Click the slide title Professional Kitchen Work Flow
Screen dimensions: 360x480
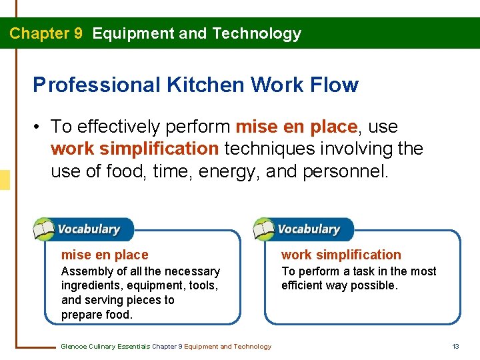[x=195, y=85]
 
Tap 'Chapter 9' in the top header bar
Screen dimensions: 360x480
[x=46, y=33]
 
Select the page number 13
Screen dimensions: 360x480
[x=456, y=346]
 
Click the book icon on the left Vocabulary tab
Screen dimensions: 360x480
[x=44, y=229]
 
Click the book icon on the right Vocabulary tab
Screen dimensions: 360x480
[x=264, y=229]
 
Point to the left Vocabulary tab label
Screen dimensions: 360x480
[x=89, y=229]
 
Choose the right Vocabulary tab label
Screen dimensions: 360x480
[x=309, y=229]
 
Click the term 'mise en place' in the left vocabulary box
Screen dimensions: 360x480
[x=105, y=255]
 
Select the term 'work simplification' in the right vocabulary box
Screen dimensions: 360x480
[x=341, y=255]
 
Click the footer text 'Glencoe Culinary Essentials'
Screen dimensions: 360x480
[x=105, y=346]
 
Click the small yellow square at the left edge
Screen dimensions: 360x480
[x=5, y=180]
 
